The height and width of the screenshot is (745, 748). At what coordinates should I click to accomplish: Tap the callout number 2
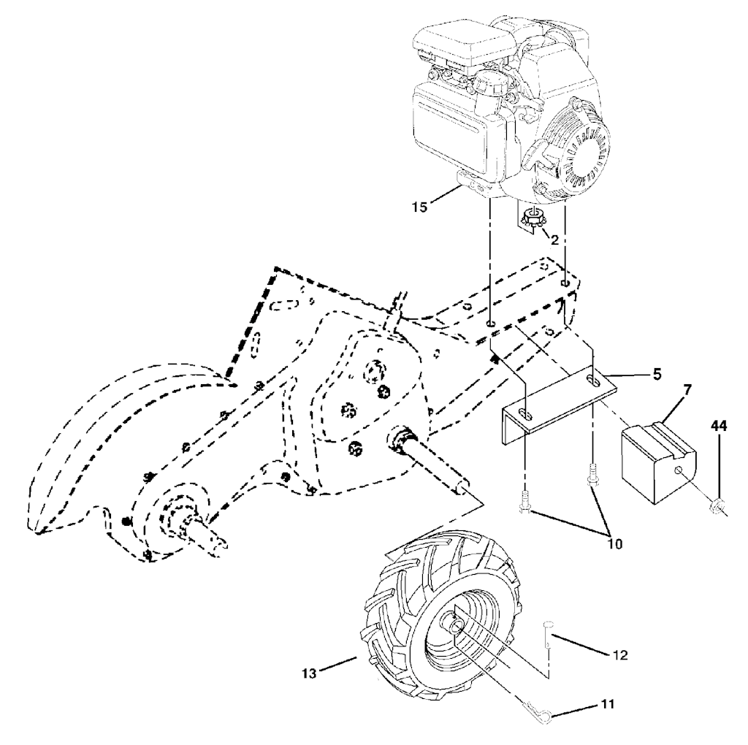(555, 238)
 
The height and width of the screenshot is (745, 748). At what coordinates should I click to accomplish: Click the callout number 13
(310, 673)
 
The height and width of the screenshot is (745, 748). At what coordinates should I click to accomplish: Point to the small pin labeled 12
(547, 629)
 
